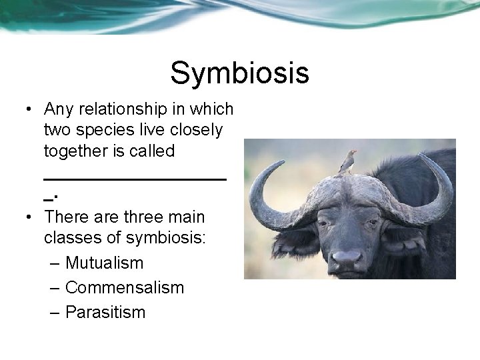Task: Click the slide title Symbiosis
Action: [239, 73]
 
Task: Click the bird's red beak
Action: [354, 152]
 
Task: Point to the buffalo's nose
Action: [347, 257]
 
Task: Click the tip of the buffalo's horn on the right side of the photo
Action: [421, 157]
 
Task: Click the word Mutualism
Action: [105, 263]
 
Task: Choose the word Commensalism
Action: [125, 288]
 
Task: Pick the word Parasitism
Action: [105, 312]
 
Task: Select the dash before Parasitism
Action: [55, 312]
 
